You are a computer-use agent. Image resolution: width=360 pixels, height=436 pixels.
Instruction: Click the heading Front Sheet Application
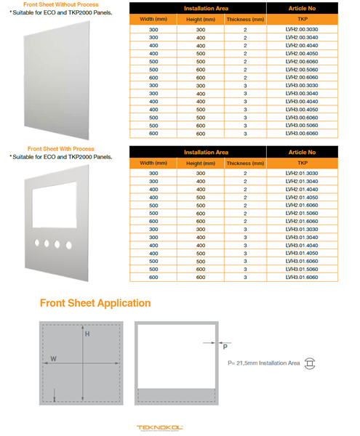point(95,303)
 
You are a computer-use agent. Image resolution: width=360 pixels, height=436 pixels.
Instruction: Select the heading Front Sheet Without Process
point(57,4)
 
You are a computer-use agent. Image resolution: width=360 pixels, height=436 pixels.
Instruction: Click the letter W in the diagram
point(54,358)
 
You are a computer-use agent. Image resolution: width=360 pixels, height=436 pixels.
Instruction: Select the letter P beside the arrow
point(225,347)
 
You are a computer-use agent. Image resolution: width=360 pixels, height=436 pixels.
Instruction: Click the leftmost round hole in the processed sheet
point(36,244)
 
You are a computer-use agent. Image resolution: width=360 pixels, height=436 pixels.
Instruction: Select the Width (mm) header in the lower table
point(153,164)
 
